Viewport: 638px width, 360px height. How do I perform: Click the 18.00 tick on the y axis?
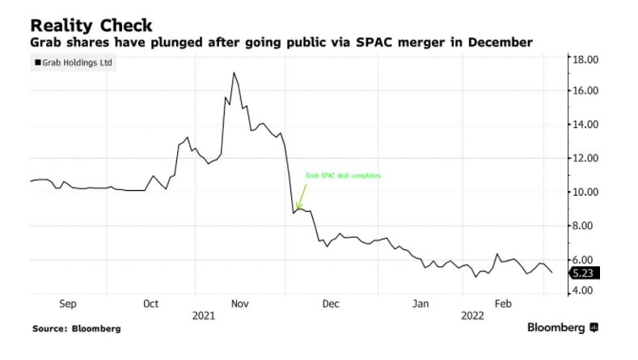[585, 59]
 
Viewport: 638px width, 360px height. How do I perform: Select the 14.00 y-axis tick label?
[585, 125]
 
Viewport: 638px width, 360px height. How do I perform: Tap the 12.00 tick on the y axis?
[585, 158]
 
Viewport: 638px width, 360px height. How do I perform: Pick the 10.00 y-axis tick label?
[585, 192]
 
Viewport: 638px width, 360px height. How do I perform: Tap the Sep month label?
[68, 304]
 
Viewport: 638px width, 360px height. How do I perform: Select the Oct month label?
[151, 304]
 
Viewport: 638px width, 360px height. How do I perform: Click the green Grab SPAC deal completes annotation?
[342, 175]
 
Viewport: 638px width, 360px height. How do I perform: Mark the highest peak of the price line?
[234, 73]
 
